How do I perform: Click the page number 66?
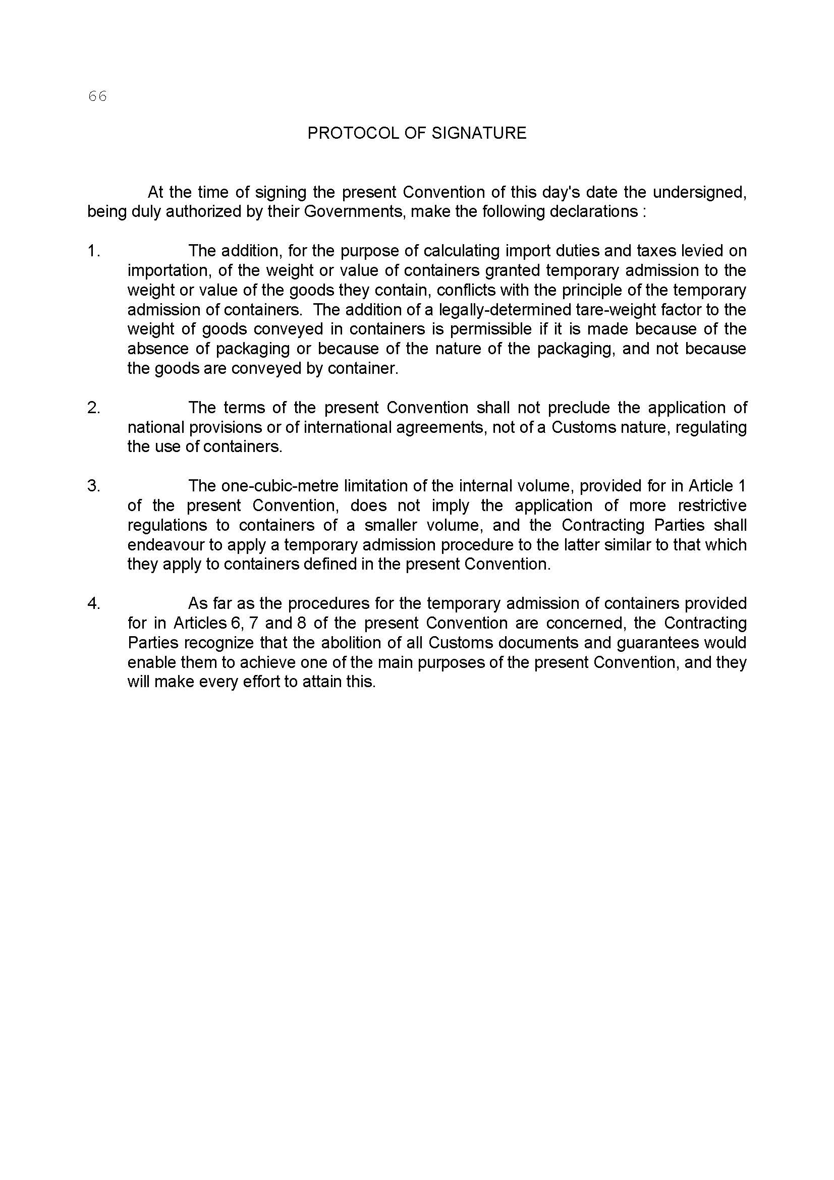(97, 96)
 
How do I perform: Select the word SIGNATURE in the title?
(479, 133)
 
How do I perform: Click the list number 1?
(93, 251)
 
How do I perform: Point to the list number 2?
(93, 408)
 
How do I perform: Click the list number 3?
(93, 486)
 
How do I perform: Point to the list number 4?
(93, 603)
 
